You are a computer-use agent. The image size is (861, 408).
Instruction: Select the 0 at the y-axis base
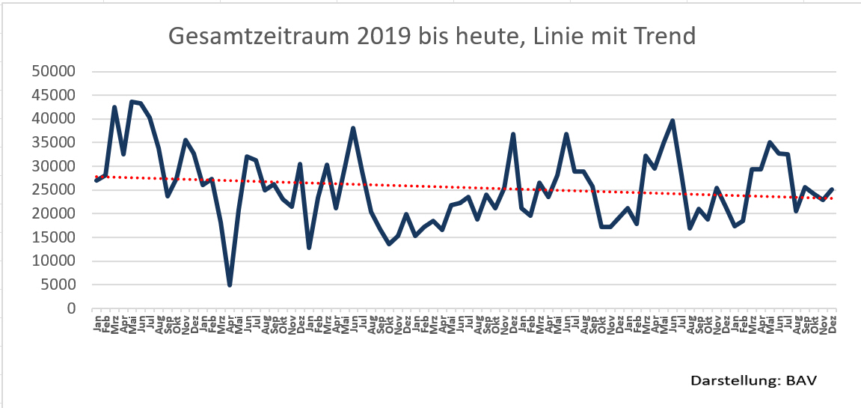click(71, 308)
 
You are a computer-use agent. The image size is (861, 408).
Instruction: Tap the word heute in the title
click(467, 35)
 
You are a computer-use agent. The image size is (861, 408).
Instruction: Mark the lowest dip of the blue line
click(230, 284)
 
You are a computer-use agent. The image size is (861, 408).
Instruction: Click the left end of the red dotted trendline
click(96, 177)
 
